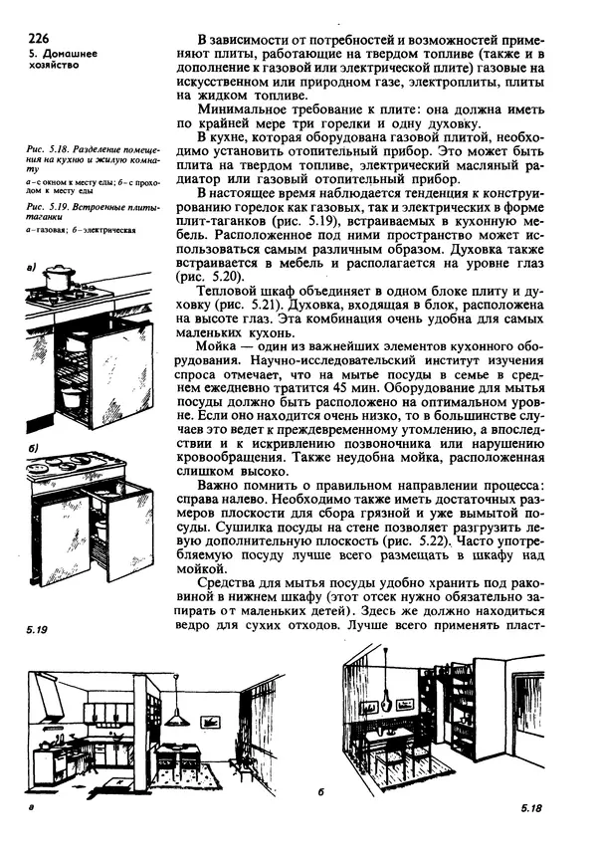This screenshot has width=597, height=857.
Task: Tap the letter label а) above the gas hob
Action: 35,267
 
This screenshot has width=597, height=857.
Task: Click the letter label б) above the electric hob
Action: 32,449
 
